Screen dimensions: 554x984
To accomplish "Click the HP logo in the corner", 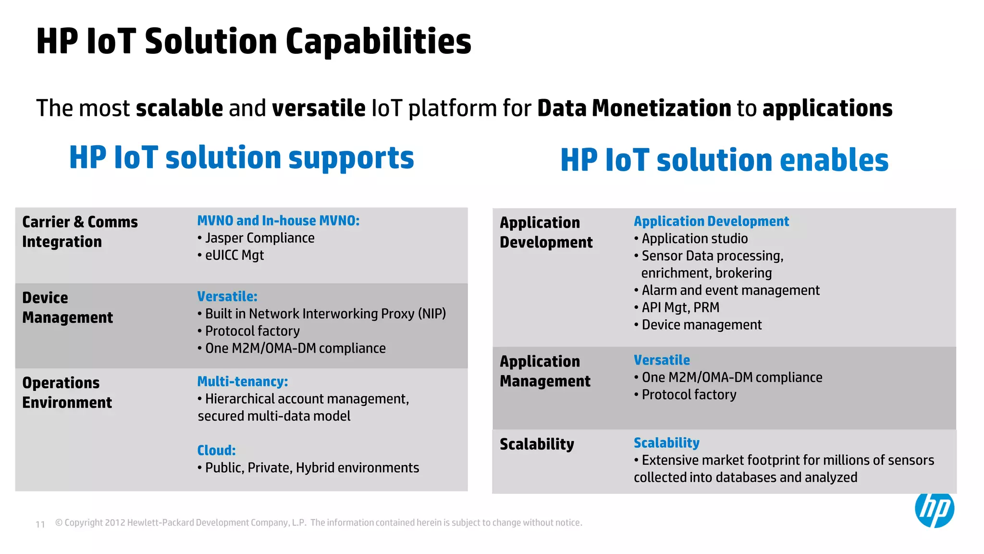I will point(934,509).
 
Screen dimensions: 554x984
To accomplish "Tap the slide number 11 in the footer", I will point(40,524).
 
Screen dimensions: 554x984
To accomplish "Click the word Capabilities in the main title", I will point(378,41).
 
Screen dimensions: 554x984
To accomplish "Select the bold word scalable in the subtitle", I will point(179,108).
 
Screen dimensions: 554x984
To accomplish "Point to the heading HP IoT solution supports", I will point(241,158).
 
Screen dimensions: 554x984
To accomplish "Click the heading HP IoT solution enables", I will point(724,160).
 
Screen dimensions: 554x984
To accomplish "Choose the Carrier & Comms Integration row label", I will point(80,232).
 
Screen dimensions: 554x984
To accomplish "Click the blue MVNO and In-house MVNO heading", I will point(278,221).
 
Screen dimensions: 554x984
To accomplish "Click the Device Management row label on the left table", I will point(67,308).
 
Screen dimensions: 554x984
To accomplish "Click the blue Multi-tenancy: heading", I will point(242,382).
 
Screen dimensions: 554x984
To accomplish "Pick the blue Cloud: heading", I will point(216,451).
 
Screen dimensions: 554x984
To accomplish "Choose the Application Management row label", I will point(545,371).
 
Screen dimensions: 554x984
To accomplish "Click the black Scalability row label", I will point(537,444).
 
